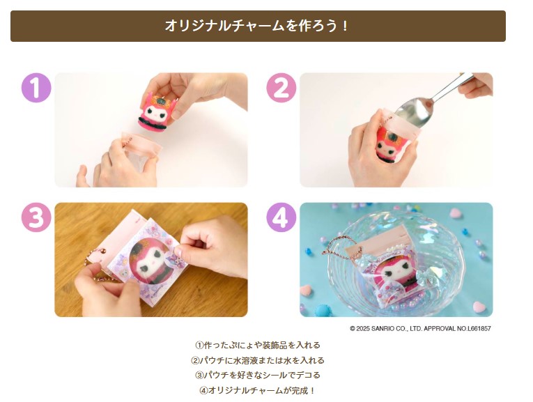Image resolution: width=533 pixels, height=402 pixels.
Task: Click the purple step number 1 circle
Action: coord(36,88)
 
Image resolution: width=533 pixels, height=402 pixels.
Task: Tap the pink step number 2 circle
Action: coord(281,88)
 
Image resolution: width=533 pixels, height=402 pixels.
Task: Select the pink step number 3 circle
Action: coord(36,217)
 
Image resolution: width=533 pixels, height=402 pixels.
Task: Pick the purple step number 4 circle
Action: coord(281,217)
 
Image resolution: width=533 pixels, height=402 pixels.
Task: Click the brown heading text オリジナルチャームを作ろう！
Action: coord(258,26)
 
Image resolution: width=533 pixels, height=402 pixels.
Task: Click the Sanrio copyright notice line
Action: coord(421,329)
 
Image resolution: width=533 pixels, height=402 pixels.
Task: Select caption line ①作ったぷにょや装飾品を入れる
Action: coord(258,346)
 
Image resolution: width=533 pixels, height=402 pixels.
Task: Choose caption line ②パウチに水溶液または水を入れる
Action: coord(258,360)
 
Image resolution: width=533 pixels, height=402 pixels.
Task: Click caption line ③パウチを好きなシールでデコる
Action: coord(258,375)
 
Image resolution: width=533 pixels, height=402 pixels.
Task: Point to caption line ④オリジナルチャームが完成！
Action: coord(258,390)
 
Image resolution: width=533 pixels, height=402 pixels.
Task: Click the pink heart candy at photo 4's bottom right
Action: coord(479,307)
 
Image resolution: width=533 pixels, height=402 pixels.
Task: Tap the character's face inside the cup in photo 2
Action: coord(387,149)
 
